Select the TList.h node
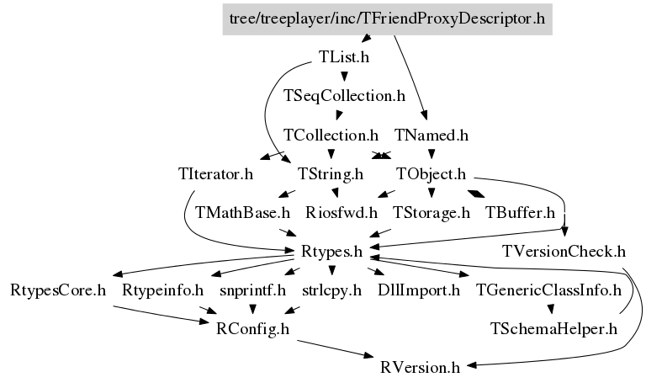[x=344, y=57]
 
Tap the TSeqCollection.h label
[x=345, y=96]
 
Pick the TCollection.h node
[x=331, y=135]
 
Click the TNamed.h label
[x=431, y=135]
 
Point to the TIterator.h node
[x=215, y=174]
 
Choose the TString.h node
[x=331, y=174]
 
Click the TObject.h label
[x=431, y=174]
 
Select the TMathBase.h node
[x=242, y=212]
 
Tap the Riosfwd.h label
[x=341, y=212]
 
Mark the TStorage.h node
[x=431, y=212]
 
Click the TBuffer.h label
[x=520, y=212]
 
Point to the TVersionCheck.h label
[x=564, y=251]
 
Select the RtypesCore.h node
[x=58, y=290]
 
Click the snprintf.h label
[x=252, y=290]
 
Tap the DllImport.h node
[x=419, y=290]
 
